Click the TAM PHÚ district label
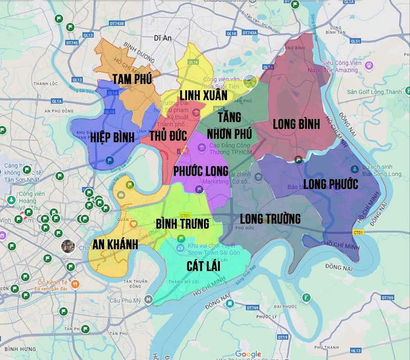tap(132, 78)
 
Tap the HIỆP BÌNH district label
tap(112, 137)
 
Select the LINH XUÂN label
tap(203, 95)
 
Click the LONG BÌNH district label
tap(296, 124)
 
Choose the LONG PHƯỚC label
tap(331, 184)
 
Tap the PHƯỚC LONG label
tap(200, 171)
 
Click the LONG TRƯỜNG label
tap(270, 219)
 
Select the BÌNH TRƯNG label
tap(182, 224)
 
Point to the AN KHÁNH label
tap(116, 245)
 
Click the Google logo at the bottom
tap(248, 354)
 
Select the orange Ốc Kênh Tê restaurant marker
tap(75, 283)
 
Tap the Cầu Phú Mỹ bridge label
tap(128, 300)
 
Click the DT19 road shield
tap(282, 337)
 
